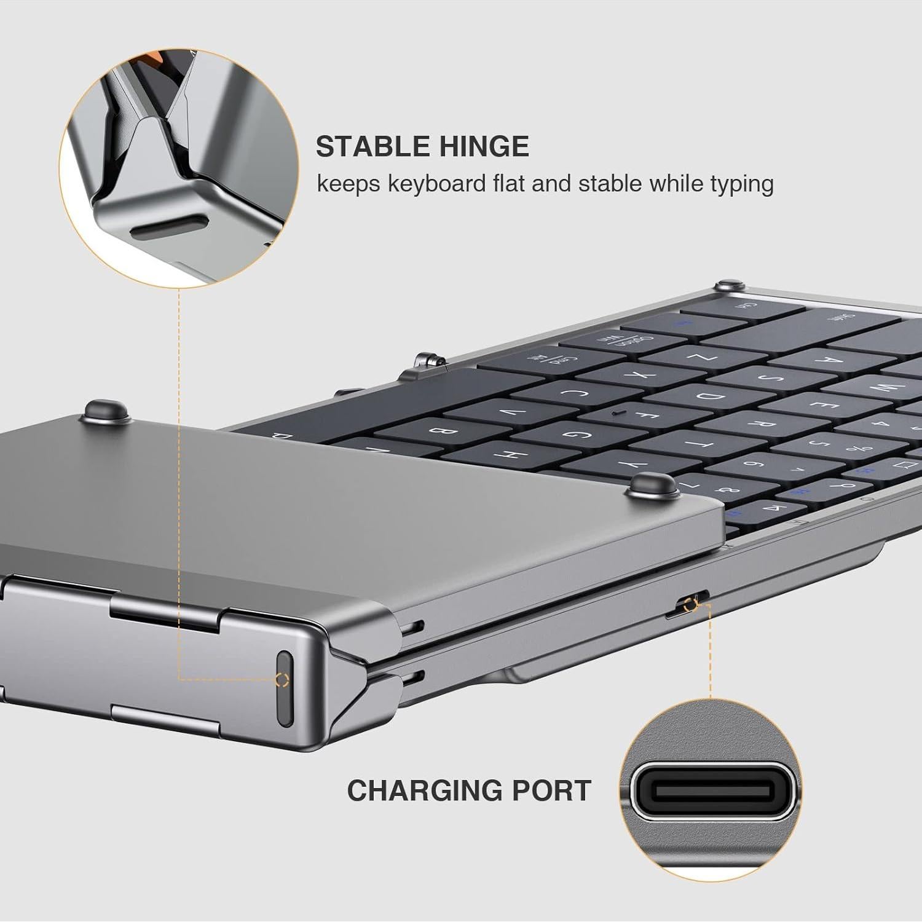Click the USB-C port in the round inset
click(x=711, y=789)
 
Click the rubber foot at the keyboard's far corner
click(x=730, y=286)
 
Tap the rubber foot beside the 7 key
click(x=653, y=485)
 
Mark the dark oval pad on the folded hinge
click(x=285, y=688)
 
